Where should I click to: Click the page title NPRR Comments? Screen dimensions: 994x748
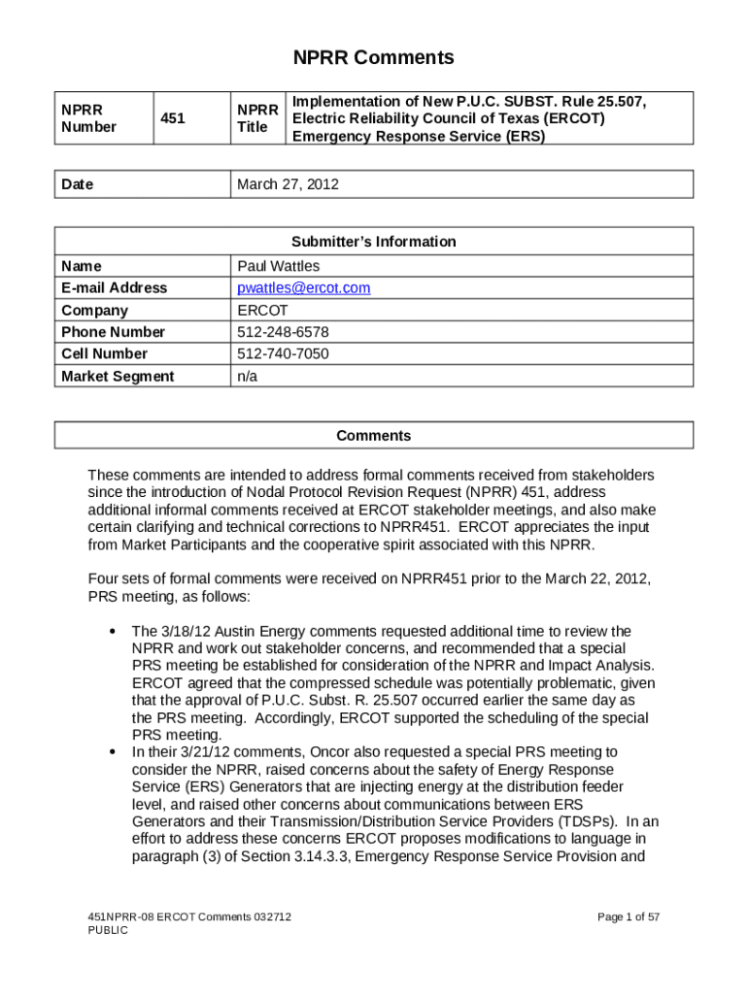point(374,58)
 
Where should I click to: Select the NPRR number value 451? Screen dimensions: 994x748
point(174,118)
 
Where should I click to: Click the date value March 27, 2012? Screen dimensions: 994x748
point(289,183)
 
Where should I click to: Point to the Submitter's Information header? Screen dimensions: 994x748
point(374,242)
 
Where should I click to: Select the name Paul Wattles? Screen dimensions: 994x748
point(279,266)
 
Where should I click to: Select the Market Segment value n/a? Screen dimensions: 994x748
point(248,377)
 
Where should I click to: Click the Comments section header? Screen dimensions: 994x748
point(374,436)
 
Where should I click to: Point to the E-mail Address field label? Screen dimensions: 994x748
point(114,288)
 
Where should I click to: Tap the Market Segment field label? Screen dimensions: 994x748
point(118,377)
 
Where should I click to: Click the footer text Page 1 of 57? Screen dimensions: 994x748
point(629,916)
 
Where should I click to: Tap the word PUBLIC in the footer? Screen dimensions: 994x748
point(108,930)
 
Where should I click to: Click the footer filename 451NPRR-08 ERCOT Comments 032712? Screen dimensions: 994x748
point(189,916)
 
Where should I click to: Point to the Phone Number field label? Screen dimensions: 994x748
point(113,332)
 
